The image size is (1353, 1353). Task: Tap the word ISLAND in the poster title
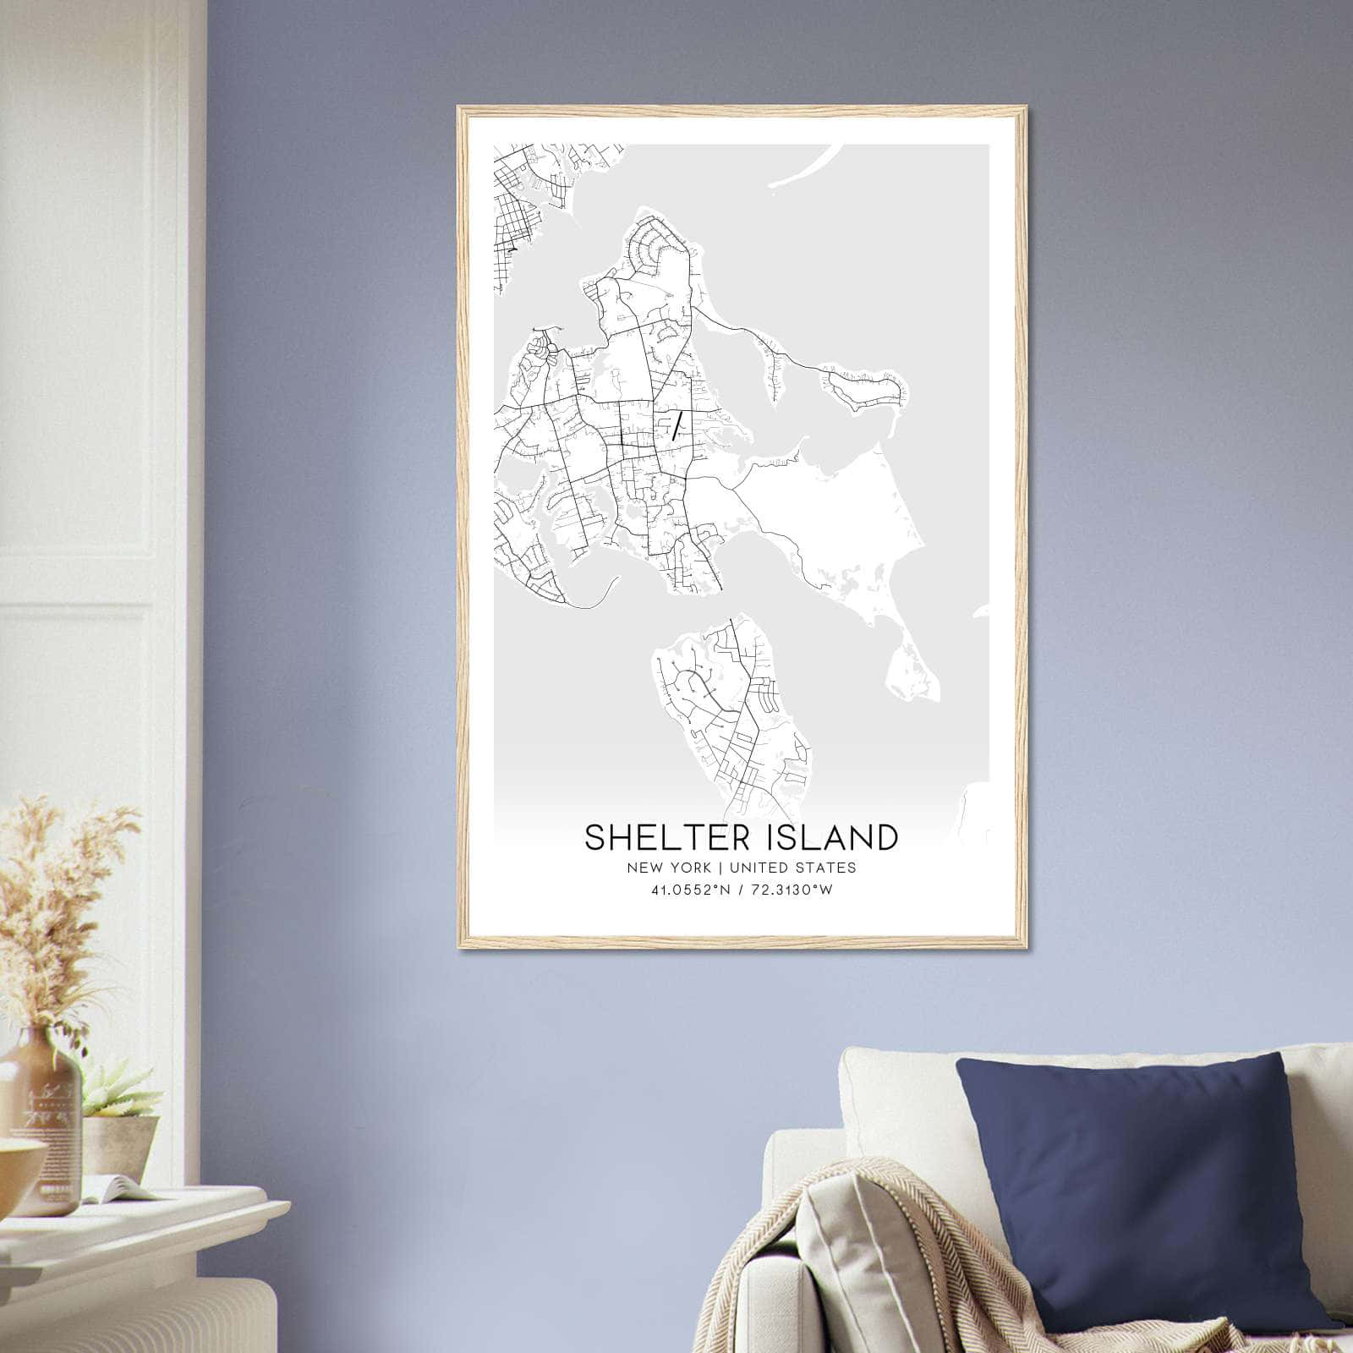click(828, 837)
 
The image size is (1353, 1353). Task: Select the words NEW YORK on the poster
click(669, 868)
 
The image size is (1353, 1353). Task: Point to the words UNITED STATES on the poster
click(792, 868)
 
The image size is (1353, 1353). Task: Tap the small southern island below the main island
click(731, 710)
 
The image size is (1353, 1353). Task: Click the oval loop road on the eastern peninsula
click(867, 389)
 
